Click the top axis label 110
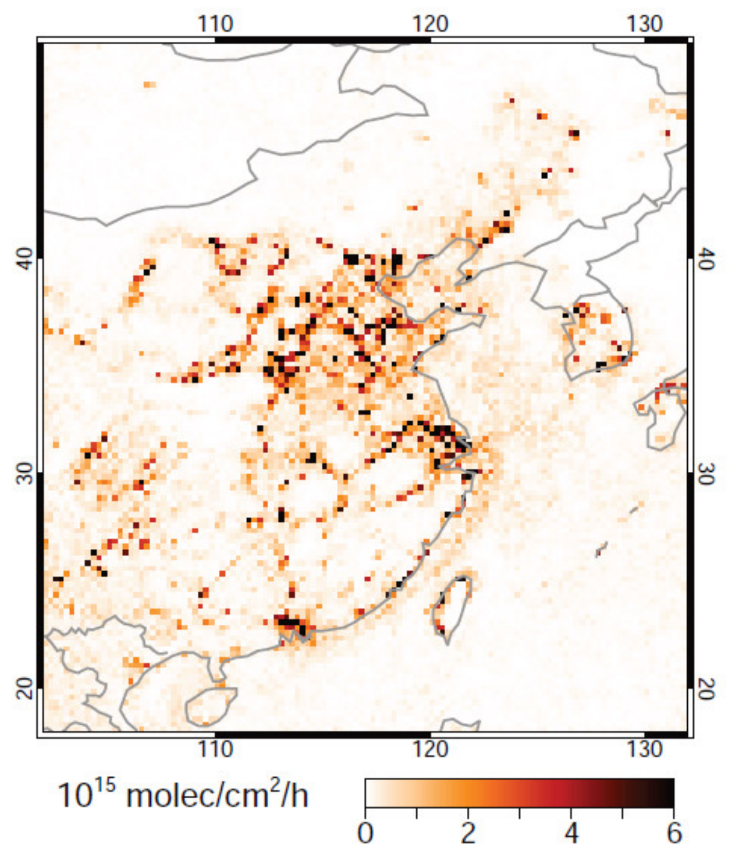[x=216, y=24]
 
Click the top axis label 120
[x=430, y=24]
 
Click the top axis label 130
[x=645, y=24]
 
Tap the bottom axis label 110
[x=216, y=749]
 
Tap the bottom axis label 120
[x=430, y=749]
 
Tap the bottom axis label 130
[x=645, y=749]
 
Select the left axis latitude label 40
[x=24, y=260]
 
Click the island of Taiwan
[x=451, y=605]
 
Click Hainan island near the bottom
[x=208, y=706]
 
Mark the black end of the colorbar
[x=664, y=792]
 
